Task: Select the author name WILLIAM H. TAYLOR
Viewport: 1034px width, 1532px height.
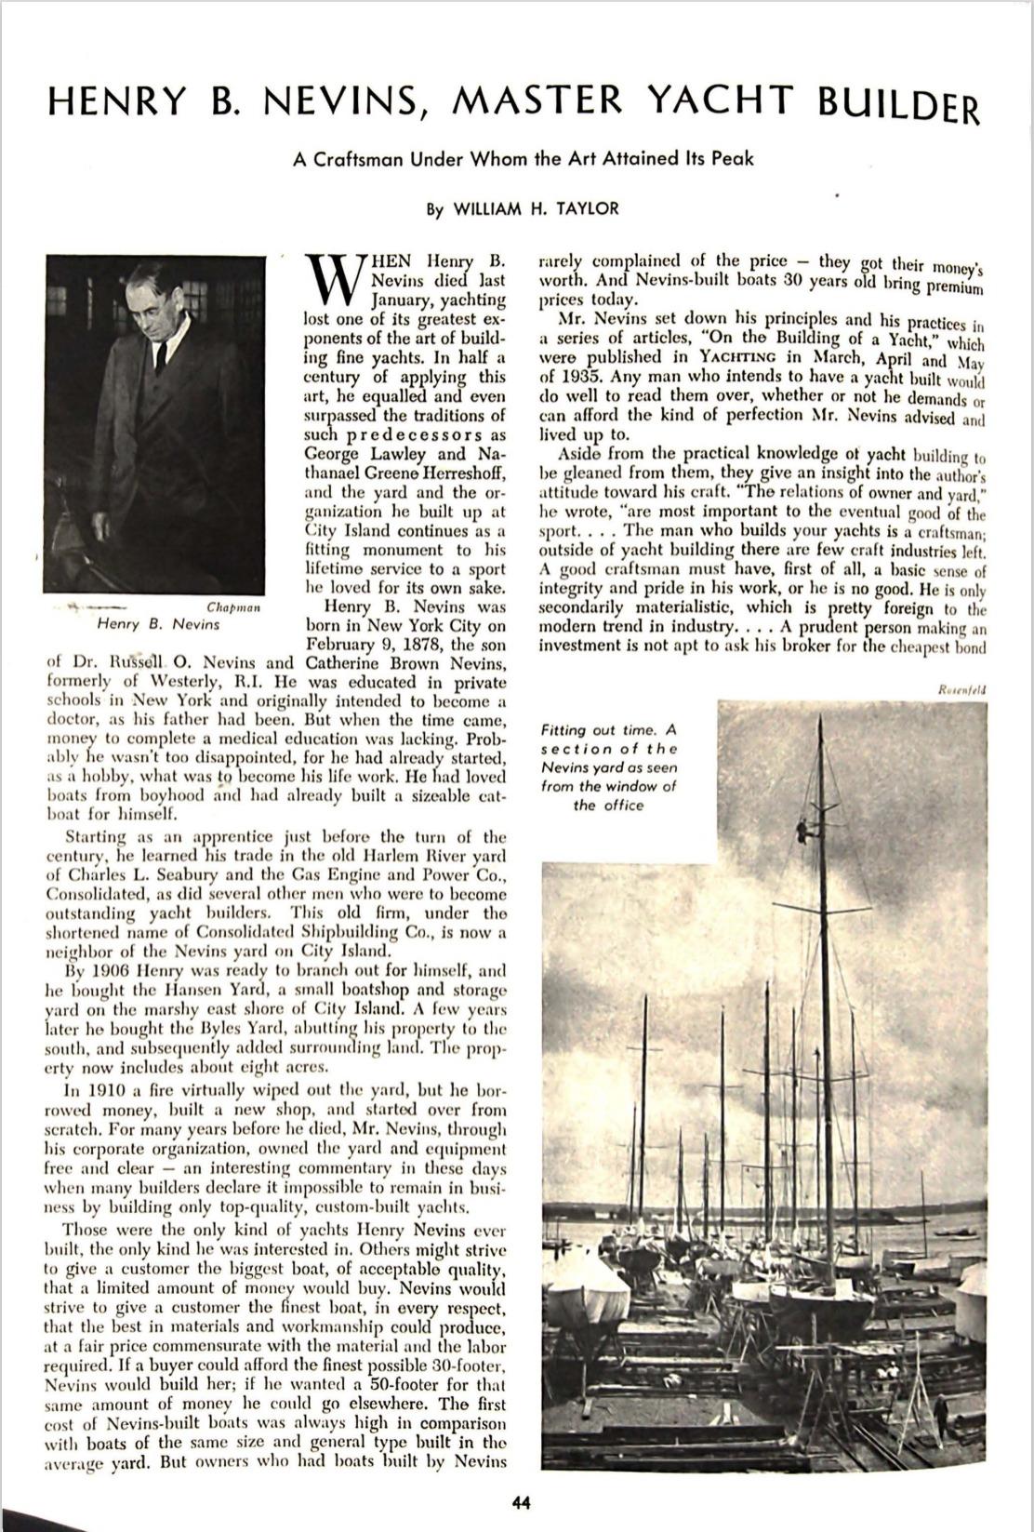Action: click(535, 209)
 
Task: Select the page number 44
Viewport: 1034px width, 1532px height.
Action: click(521, 1499)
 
